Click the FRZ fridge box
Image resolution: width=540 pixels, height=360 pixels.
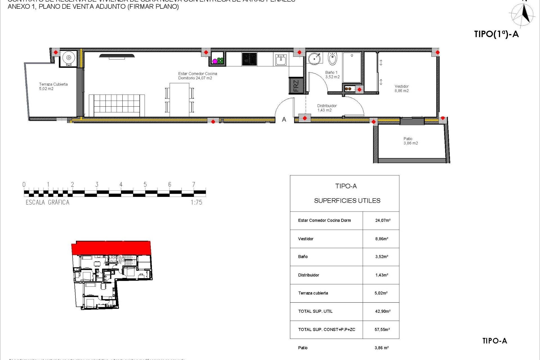(x=296, y=85)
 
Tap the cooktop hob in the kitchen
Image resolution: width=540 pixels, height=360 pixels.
(x=249, y=59)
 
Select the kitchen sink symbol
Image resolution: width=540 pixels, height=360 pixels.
(x=280, y=60)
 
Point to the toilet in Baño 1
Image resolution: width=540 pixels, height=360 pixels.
(x=332, y=58)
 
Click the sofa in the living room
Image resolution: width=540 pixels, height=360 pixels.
(x=117, y=105)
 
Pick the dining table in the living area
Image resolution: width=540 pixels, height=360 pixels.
(x=179, y=100)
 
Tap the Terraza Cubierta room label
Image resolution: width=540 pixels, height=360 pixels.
(x=53, y=86)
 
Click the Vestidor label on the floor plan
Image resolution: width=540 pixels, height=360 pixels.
(x=402, y=88)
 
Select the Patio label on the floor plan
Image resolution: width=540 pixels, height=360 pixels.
(x=410, y=141)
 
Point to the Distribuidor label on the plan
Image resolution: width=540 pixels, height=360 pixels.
(x=327, y=108)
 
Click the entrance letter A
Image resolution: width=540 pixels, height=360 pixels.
(x=284, y=120)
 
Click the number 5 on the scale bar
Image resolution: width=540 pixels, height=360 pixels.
(x=145, y=184)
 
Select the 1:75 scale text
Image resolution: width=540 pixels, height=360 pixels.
(x=196, y=202)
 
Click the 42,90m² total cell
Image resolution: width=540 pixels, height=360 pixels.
(x=382, y=311)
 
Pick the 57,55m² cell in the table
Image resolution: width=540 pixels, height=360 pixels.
(x=382, y=329)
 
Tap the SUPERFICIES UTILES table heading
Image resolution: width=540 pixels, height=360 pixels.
(x=347, y=201)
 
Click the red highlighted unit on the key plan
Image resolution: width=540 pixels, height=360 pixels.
(x=111, y=247)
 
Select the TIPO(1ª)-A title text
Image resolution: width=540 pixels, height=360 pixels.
(x=496, y=34)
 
